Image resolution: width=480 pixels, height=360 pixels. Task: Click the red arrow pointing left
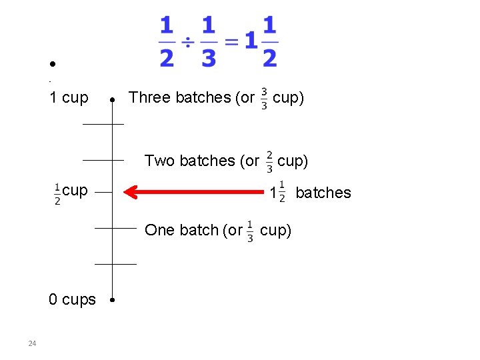pos(197,193)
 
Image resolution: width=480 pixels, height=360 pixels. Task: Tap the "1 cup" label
pos(69,97)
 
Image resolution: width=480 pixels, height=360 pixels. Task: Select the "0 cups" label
pos(72,300)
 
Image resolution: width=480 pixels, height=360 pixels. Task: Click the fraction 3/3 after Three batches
pos(265,97)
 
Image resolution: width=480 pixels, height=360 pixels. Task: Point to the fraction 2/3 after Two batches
pos(269,161)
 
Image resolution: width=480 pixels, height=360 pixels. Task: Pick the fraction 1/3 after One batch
pos(250,231)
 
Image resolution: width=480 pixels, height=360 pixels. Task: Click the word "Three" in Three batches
pos(149,97)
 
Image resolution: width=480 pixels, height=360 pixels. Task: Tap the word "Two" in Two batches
pos(159,161)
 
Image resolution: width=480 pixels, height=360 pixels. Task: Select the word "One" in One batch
pos(159,230)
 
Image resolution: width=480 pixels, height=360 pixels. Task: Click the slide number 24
pos(32,343)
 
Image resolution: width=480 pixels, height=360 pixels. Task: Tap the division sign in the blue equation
pos(187,42)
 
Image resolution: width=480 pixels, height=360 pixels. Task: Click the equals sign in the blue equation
pos(231,42)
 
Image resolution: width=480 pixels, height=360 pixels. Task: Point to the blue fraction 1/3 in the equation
pos(209,42)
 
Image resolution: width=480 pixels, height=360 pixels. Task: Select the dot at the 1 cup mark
pos(113,99)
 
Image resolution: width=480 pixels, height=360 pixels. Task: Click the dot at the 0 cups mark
pos(113,300)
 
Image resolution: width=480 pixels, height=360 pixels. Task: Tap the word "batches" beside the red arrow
pos(323,193)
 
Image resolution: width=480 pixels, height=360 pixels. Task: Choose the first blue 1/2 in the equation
pos(167,42)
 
